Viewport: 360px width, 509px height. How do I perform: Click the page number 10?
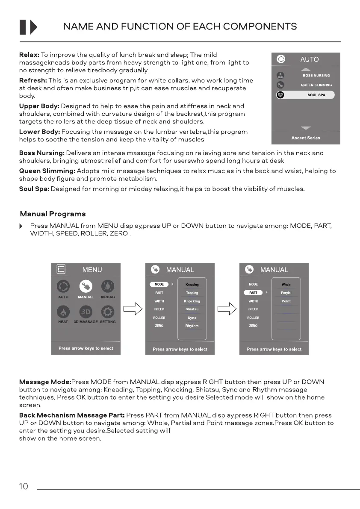pyautogui.click(x=24, y=486)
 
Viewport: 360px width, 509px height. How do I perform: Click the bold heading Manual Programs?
pyautogui.click(x=53, y=214)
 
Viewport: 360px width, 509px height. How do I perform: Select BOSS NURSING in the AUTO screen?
pyautogui.click(x=316, y=76)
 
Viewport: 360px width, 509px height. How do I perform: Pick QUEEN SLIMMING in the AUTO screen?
pyautogui.click(x=316, y=85)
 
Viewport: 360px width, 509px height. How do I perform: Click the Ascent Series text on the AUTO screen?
pyautogui.click(x=306, y=138)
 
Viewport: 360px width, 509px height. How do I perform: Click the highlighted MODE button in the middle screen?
pyautogui.click(x=159, y=284)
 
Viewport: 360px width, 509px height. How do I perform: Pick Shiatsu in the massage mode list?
pyautogui.click(x=192, y=309)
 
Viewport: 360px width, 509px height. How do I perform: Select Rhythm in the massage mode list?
pyautogui.click(x=192, y=326)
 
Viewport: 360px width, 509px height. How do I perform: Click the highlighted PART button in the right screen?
pyautogui.click(x=253, y=293)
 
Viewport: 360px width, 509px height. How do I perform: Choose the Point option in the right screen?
pyautogui.click(x=286, y=301)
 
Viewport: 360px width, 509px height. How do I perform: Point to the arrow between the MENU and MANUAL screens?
pyautogui.click(x=133, y=309)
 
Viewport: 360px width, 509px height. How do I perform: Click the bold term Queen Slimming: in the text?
pyautogui.click(x=47, y=171)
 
